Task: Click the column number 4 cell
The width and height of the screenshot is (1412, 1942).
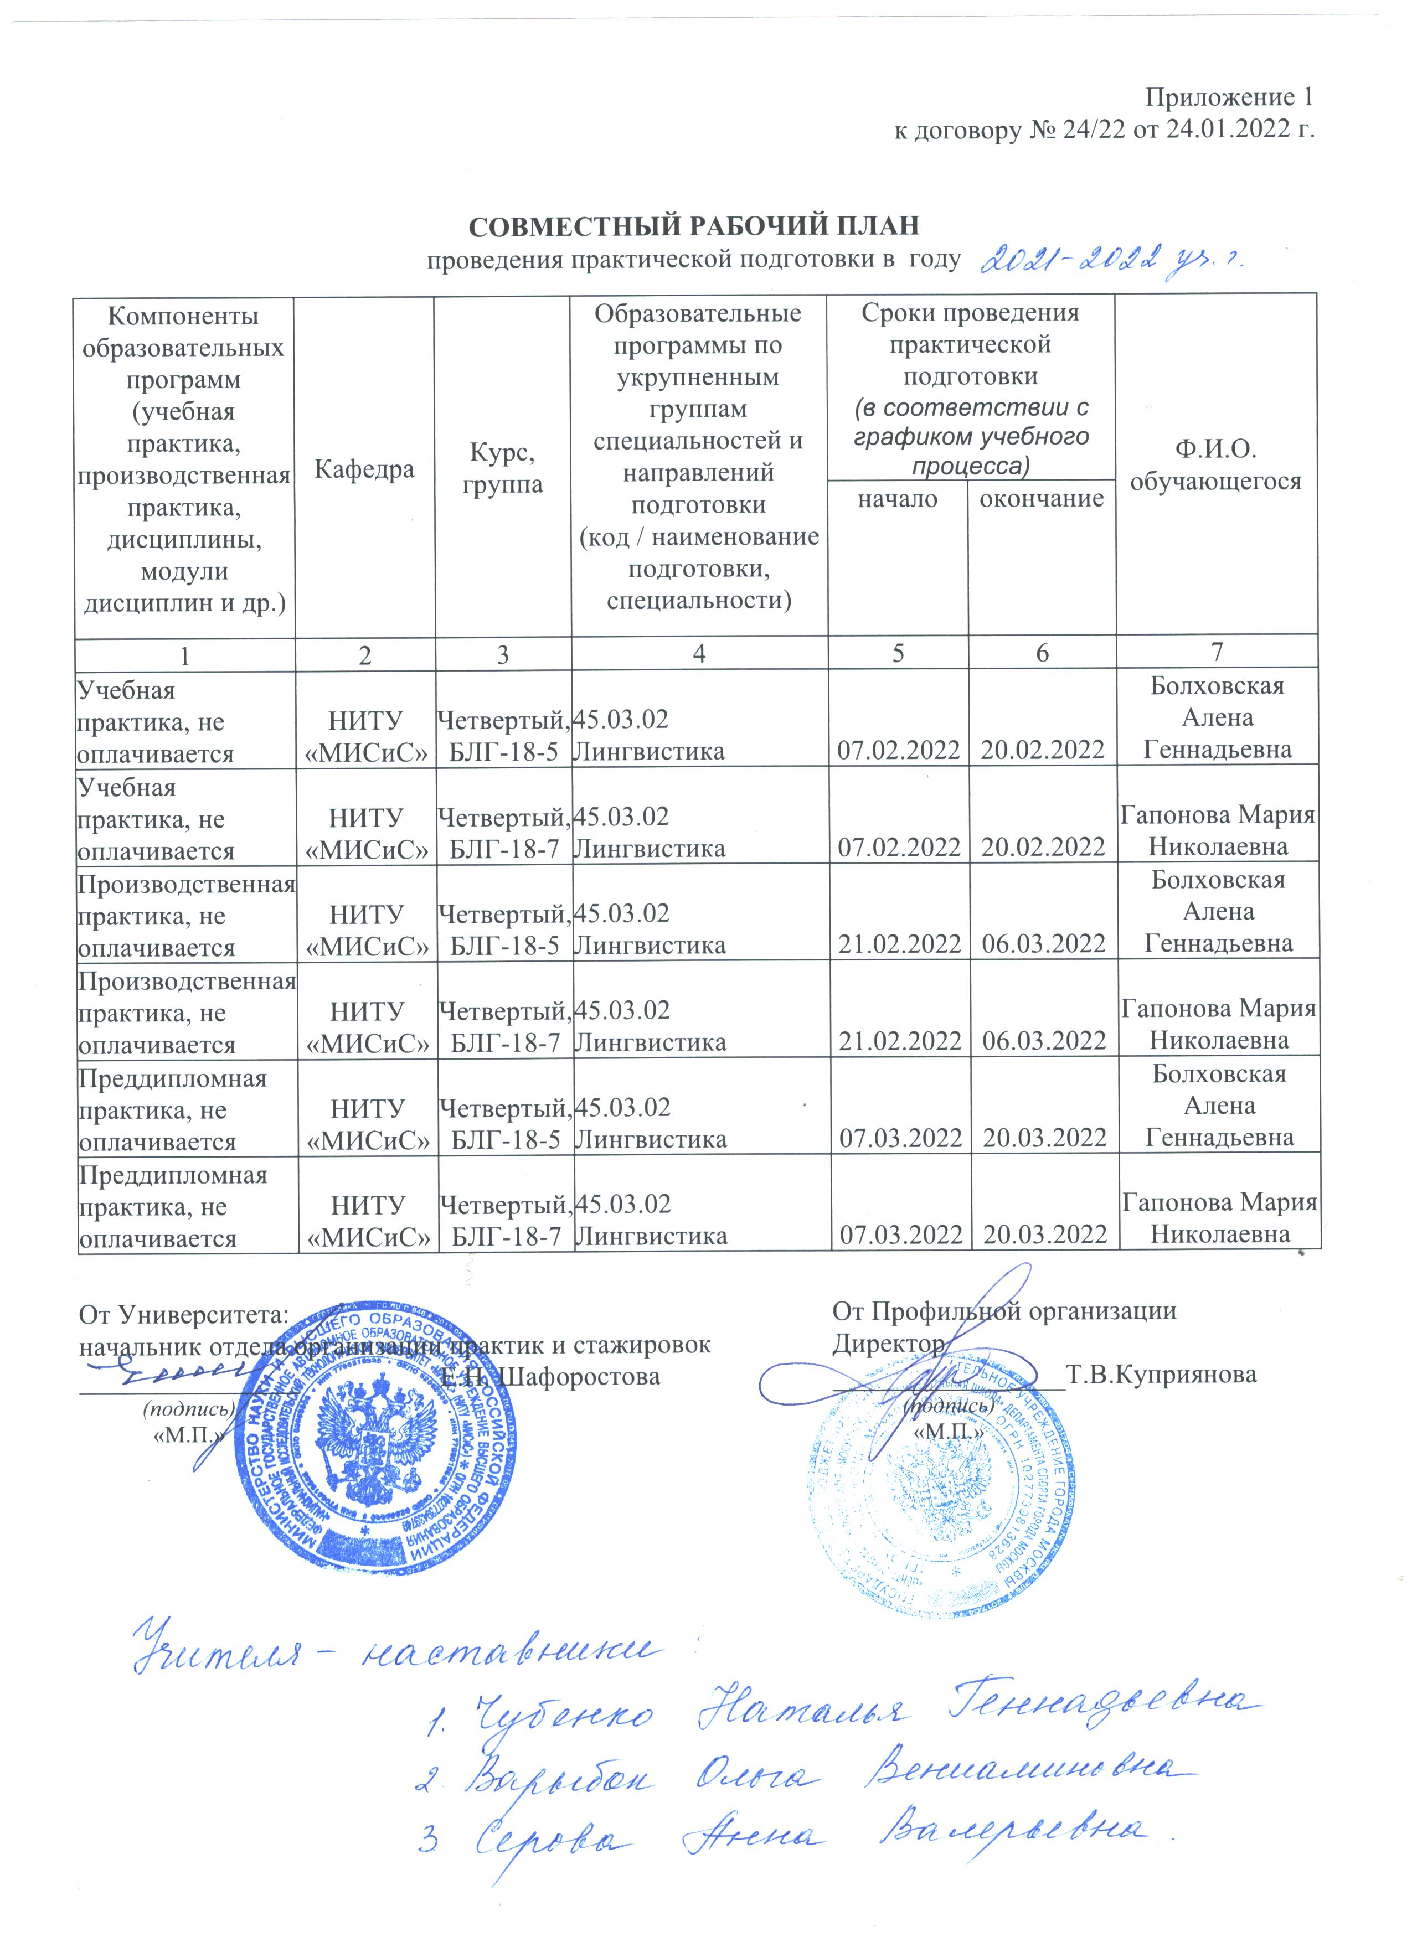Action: click(699, 653)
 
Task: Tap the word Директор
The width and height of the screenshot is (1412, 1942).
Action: click(888, 1344)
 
